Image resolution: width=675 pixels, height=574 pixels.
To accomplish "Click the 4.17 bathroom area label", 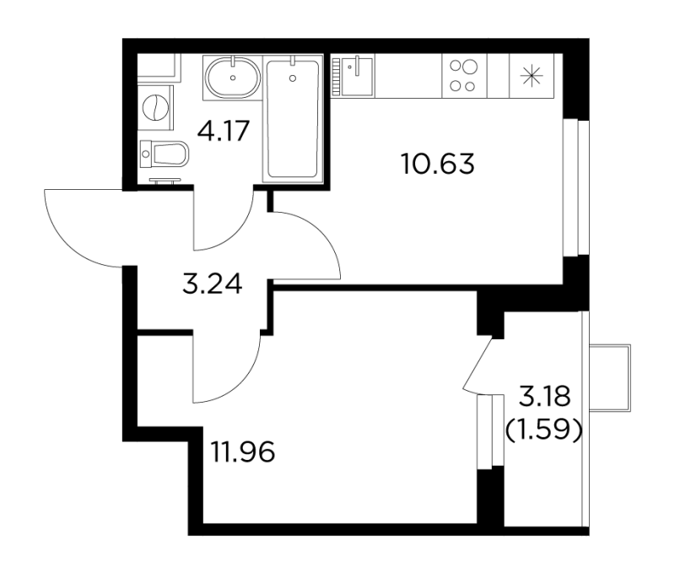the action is (224, 131).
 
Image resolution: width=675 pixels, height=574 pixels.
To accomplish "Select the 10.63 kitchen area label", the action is (438, 164).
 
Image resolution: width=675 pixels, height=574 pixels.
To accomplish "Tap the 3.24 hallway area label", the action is (213, 284).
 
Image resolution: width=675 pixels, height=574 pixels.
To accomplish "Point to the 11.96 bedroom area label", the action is (243, 452).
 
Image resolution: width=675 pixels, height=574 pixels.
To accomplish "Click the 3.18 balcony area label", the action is (544, 397).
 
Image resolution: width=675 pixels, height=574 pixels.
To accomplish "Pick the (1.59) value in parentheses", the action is (543, 430).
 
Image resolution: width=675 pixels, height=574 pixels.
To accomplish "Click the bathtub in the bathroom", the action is (293, 118).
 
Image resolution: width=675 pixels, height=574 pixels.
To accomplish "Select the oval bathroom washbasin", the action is (233, 78).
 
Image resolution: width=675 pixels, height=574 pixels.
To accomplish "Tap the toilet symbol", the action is (165, 154).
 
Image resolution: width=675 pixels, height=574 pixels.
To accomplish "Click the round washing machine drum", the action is (154, 108).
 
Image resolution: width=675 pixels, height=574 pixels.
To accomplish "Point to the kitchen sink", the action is (357, 76).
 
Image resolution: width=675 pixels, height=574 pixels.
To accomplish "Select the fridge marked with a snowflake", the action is (532, 76).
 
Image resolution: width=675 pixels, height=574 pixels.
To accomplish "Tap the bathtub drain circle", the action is (293, 78).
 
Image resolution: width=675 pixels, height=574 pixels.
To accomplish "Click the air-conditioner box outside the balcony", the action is (609, 378).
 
